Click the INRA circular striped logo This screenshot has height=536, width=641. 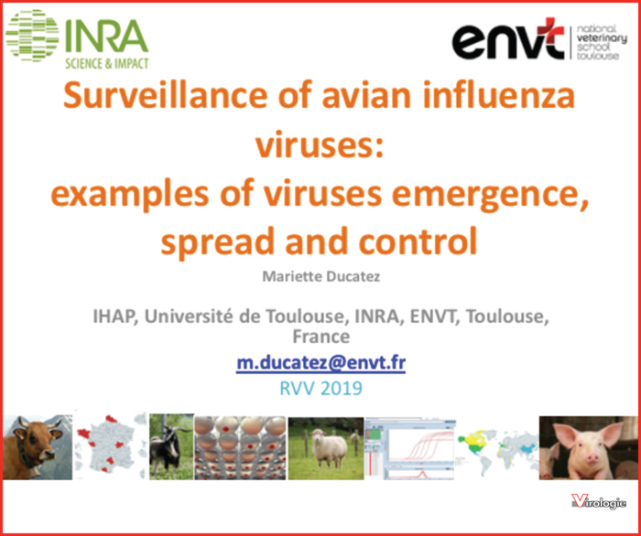click(x=32, y=36)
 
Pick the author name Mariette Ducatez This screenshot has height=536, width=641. click(x=320, y=276)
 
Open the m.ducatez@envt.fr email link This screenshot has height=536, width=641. click(x=320, y=362)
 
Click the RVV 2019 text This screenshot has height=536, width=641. click(x=320, y=388)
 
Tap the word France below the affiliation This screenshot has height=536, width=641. click(x=320, y=337)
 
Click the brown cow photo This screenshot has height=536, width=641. click(x=38, y=447)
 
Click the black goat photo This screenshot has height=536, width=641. click(x=171, y=446)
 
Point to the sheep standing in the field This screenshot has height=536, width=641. click(x=328, y=449)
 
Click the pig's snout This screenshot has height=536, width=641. click(x=593, y=459)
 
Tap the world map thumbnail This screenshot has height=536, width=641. click(x=497, y=448)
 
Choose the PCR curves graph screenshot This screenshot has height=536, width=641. click(x=410, y=448)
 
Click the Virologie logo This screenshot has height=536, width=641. click(x=599, y=502)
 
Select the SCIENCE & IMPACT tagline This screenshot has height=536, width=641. click(x=107, y=64)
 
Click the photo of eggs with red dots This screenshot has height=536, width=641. click(x=240, y=447)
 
